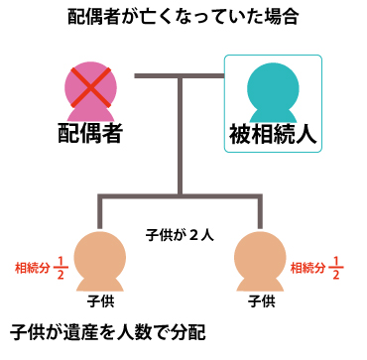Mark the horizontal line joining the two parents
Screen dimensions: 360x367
tap(179, 75)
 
